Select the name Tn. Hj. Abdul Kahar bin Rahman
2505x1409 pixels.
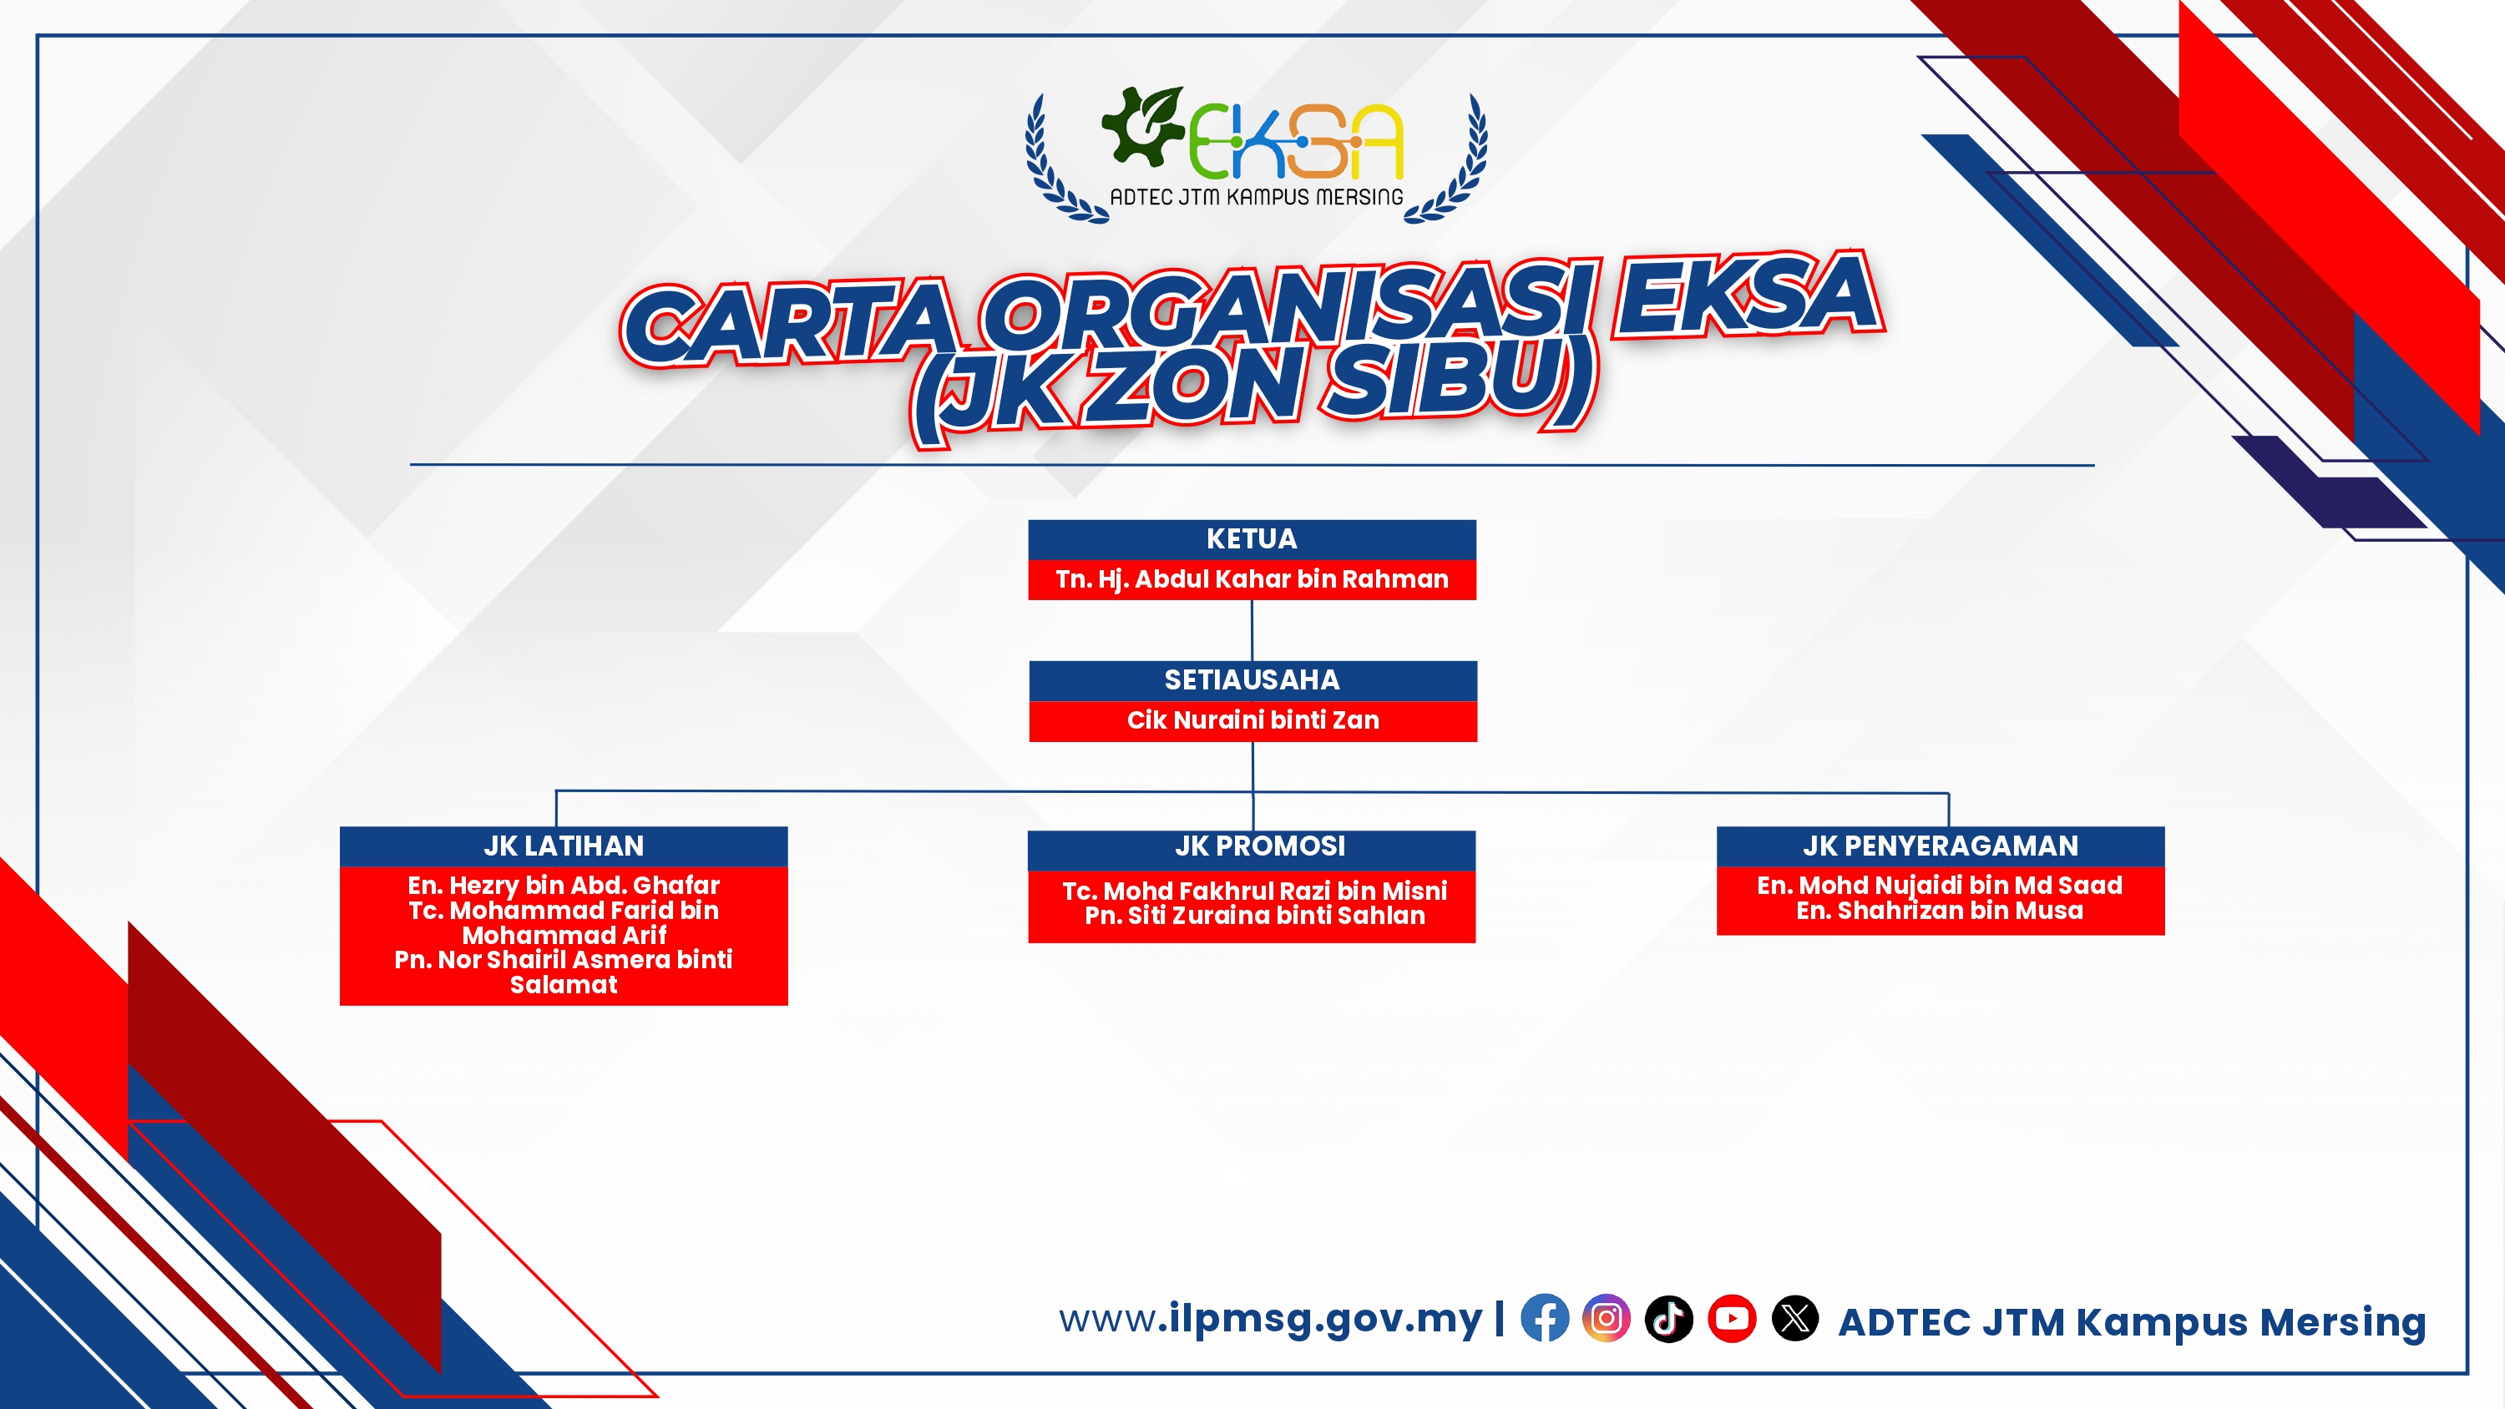point(1252,579)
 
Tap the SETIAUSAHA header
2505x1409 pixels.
point(1252,680)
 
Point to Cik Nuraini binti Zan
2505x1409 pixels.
point(1252,720)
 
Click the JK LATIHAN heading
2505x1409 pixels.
point(564,846)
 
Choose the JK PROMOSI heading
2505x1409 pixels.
point(1260,846)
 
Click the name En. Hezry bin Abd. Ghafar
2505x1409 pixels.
point(564,886)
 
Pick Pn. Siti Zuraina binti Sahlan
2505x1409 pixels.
point(1254,916)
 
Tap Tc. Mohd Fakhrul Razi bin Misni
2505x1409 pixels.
point(1254,891)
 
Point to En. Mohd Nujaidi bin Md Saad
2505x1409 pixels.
point(1940,886)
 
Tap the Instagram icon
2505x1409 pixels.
point(1607,1319)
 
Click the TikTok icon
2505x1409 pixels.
point(1668,1319)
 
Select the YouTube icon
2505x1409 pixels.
point(1732,1319)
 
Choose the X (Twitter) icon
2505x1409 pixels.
point(1795,1319)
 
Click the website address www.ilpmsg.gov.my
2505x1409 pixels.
point(1271,1320)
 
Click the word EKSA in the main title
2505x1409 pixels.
point(1748,295)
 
